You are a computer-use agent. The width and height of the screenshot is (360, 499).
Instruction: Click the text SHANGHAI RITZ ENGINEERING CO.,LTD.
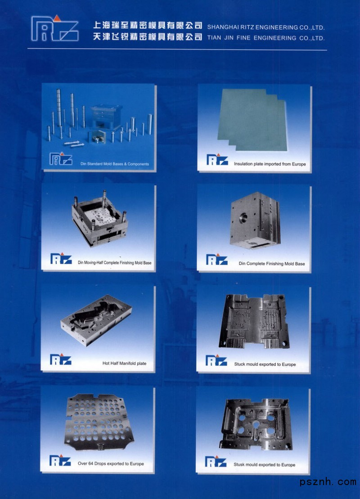point(266,27)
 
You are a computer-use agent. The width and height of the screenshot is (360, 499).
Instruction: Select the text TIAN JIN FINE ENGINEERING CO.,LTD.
point(266,38)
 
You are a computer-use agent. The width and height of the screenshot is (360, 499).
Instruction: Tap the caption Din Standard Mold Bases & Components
point(115,164)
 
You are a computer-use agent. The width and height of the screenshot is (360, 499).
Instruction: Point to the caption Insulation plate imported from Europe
point(270,164)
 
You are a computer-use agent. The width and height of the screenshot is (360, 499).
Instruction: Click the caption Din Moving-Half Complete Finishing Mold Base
point(115,262)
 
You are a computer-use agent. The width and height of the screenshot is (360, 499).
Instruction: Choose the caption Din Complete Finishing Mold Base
point(272,264)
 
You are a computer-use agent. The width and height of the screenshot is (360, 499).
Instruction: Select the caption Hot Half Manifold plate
point(125,363)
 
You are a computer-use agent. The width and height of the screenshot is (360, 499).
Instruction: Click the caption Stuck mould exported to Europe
point(265,364)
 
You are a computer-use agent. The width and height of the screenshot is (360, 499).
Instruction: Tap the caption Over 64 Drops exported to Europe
point(111,463)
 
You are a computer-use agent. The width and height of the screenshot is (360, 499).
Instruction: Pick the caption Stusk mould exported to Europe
point(264,465)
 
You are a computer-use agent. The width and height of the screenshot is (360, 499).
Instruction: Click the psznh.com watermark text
point(328,482)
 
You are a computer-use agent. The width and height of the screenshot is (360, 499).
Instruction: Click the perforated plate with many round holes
point(98,422)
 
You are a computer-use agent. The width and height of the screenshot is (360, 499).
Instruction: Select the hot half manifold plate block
point(96,320)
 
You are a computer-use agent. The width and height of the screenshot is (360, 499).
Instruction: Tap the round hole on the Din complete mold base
point(243,218)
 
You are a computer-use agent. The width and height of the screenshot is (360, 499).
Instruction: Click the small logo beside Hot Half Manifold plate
point(61,360)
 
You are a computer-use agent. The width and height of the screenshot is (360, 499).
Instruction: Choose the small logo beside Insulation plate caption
point(217,159)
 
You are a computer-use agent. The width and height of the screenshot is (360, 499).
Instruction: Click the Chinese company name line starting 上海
point(148,26)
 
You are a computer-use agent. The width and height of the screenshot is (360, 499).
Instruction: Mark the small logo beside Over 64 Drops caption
point(60,460)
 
